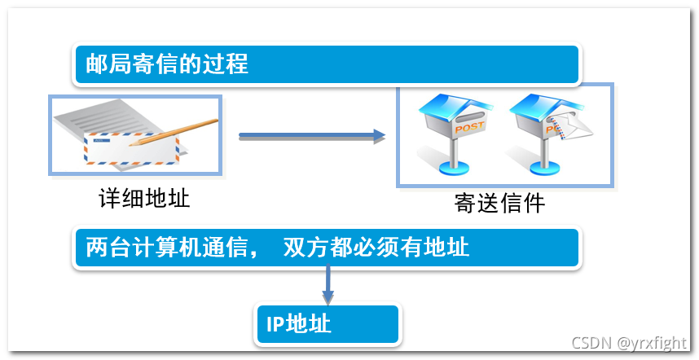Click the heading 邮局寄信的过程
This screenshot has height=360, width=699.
point(167,64)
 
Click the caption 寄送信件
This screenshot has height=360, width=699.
point(499,203)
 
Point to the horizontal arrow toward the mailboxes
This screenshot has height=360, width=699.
point(310,136)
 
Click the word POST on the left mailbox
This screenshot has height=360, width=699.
point(468,128)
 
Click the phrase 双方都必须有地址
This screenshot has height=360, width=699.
point(376,247)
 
